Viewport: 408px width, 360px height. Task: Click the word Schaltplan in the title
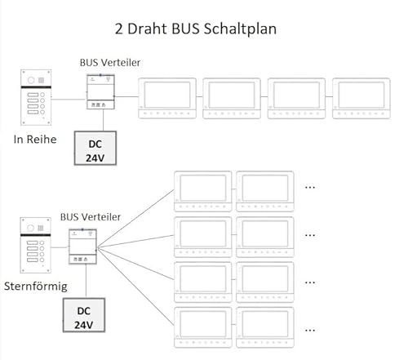[240, 29]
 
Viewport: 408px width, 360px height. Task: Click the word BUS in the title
[185, 29]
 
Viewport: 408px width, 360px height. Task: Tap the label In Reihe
[35, 140]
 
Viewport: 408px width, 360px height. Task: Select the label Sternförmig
[36, 287]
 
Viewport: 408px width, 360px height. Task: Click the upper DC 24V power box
[95, 148]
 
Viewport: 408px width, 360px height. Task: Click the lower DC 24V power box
[84, 315]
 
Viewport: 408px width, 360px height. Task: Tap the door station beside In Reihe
[36, 97]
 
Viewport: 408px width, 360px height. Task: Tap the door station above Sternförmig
[35, 245]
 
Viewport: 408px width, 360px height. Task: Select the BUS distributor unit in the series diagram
[100, 91]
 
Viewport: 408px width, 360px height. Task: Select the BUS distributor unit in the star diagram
[82, 247]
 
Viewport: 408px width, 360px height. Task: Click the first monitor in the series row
[167, 98]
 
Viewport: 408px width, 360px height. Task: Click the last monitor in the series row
[361, 98]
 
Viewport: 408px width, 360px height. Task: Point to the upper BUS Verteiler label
[110, 63]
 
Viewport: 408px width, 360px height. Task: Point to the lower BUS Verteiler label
[91, 217]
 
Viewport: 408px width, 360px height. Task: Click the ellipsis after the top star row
[310, 188]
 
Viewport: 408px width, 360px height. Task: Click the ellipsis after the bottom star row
[310, 331]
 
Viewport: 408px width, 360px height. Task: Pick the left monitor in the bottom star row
[202, 327]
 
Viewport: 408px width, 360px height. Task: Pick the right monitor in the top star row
[265, 191]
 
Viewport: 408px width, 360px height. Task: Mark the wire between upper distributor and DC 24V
[103, 120]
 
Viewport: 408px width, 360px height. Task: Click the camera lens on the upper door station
[31, 80]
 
